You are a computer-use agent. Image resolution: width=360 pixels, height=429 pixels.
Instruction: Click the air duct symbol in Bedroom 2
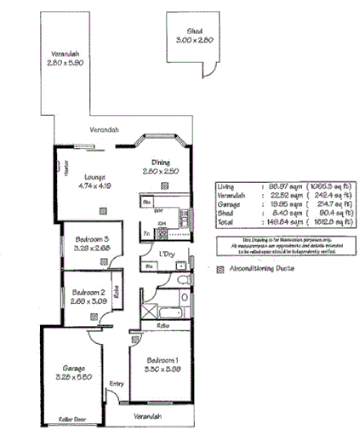pos(90,316)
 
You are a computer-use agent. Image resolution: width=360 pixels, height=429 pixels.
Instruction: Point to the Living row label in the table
pos(227,186)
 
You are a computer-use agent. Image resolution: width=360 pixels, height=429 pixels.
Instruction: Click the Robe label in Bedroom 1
pos(162,326)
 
